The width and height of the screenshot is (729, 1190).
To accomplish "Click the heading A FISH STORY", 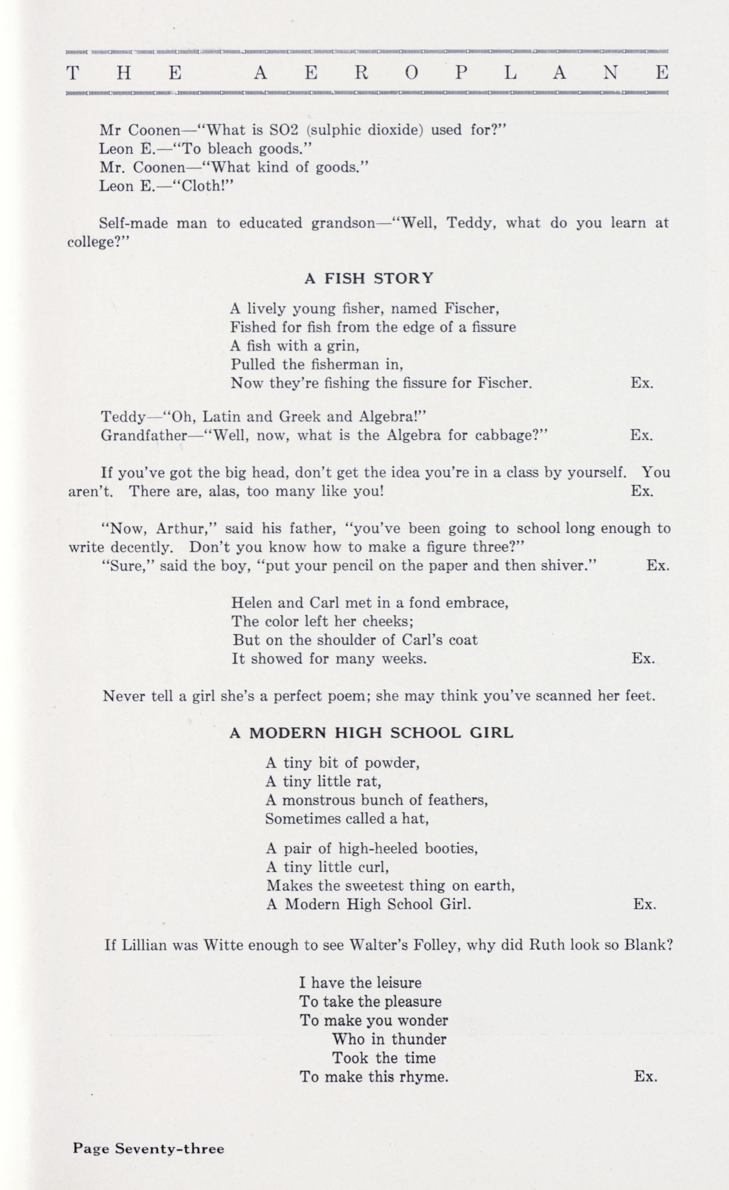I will click(x=369, y=278).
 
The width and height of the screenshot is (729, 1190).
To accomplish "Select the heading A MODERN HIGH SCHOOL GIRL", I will click(x=371, y=733).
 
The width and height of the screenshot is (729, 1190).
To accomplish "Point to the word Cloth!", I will click(x=207, y=186).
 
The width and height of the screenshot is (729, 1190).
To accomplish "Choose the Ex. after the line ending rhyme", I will click(x=645, y=1076).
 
